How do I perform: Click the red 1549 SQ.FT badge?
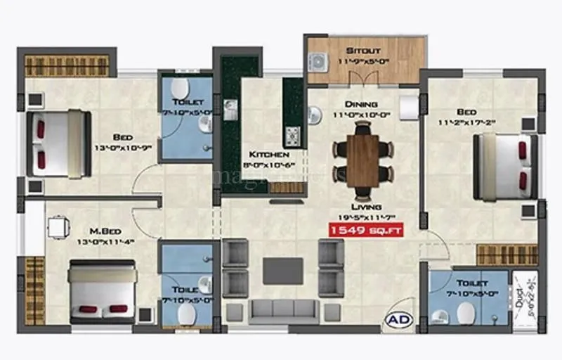pyautogui.click(x=366, y=229)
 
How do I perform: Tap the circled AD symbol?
pyautogui.click(x=395, y=321)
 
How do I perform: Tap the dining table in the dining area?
pyautogui.click(x=362, y=160)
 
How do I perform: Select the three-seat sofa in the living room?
pyautogui.click(x=283, y=310)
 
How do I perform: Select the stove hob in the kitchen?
pyautogui.click(x=292, y=134)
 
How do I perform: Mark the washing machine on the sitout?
pyautogui.click(x=319, y=62)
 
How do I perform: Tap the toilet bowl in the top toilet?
pyautogui.click(x=181, y=89)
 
